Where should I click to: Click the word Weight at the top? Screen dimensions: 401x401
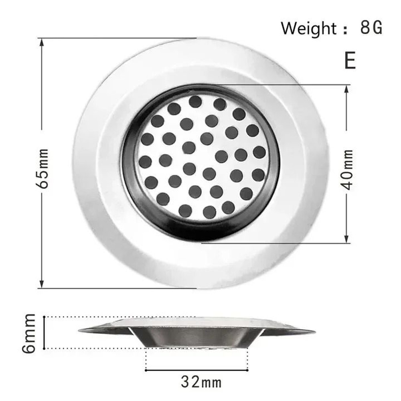point(308,28)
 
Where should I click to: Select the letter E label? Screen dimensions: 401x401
point(350,61)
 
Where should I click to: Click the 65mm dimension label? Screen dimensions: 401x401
point(43,169)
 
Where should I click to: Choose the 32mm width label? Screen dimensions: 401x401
point(201,381)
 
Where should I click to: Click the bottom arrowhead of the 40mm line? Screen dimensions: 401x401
point(347,239)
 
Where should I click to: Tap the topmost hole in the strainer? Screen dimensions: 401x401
point(195,101)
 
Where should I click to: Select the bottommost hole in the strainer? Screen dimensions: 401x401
point(209,212)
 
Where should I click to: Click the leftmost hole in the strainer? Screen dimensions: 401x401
point(145,162)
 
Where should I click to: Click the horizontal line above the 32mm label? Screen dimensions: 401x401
point(196,370)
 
